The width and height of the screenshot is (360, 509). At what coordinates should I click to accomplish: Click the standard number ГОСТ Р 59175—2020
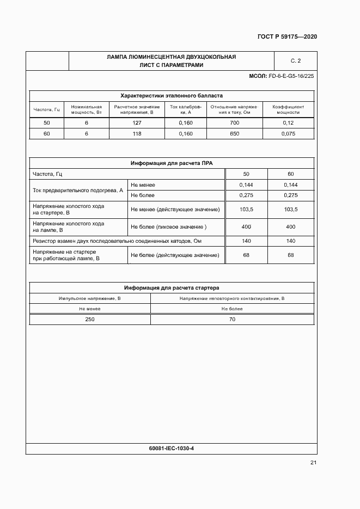[x=287, y=37]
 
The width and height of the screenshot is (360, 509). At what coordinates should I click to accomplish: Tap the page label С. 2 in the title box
[x=296, y=60]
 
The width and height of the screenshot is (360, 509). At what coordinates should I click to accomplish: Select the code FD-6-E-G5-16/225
[x=292, y=76]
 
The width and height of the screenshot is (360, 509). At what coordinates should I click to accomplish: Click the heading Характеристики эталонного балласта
[x=171, y=95]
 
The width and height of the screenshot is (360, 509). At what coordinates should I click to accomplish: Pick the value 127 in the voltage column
[x=137, y=123]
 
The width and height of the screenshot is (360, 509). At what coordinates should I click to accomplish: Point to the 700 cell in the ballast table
[x=235, y=123]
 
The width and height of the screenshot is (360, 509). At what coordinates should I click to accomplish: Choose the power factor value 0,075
[x=288, y=133]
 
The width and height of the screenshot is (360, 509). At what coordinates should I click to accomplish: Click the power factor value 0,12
[x=288, y=123]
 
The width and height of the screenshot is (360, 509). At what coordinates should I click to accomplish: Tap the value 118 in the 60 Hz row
[x=137, y=133]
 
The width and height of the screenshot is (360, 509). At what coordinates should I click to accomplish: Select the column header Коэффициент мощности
[x=288, y=109]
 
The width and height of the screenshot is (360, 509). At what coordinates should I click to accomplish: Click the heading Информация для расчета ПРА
[x=171, y=163]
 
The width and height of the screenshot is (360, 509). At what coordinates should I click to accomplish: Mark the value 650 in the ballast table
[x=235, y=133]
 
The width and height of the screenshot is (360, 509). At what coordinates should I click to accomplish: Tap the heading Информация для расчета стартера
[x=171, y=287]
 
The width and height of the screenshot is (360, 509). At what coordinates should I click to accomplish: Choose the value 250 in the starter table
[x=89, y=320]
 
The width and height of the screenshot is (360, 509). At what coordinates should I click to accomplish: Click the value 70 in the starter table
[x=232, y=320]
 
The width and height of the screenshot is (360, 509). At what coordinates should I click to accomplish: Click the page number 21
[x=313, y=463]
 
